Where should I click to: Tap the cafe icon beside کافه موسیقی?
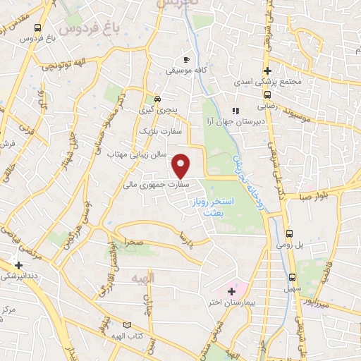186,60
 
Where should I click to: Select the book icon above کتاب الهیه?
127,324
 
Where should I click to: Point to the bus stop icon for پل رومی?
290,233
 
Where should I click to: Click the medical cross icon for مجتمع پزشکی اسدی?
267,71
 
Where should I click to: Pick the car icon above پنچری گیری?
157,99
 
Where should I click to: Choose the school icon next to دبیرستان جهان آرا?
235,110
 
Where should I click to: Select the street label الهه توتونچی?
59,66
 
